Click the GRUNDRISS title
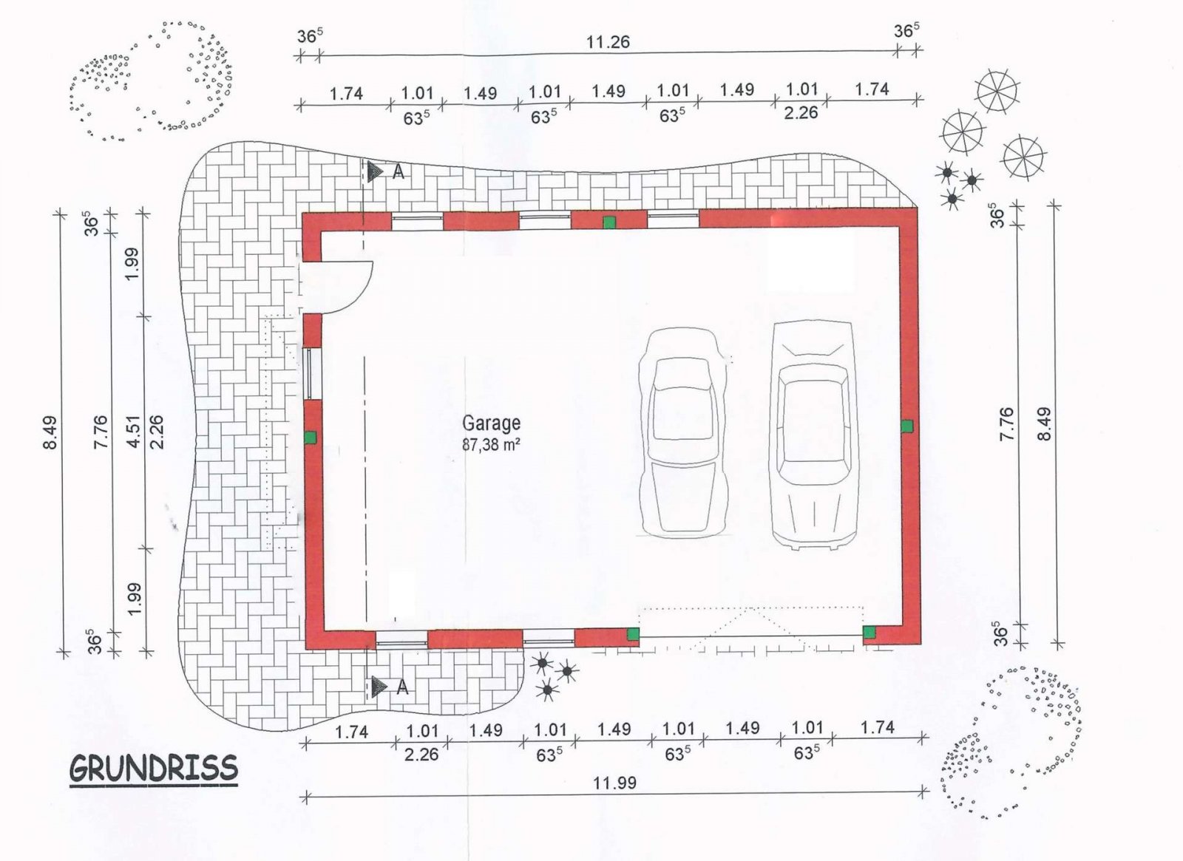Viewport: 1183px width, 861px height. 154,769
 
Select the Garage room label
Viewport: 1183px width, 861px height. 491,423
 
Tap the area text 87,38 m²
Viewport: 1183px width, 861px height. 491,445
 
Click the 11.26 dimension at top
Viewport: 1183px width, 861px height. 608,42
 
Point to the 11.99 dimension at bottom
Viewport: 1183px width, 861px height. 614,783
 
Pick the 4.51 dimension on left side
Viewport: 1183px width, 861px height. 133,429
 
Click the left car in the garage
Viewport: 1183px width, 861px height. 682,432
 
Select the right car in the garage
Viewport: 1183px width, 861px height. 813,435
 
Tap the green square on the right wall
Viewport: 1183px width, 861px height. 906,426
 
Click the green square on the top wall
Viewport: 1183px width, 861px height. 609,222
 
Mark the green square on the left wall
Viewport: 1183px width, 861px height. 311,438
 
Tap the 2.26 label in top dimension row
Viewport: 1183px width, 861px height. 801,113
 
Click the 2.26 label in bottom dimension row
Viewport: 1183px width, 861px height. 421,755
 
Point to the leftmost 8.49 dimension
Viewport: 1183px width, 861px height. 50,433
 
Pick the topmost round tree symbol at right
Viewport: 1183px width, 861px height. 997,92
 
